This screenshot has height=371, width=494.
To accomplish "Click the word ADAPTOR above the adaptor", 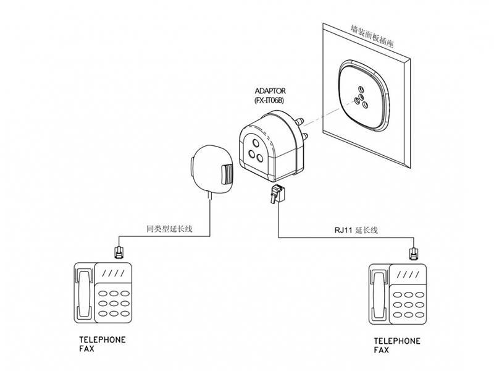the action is click(270, 91).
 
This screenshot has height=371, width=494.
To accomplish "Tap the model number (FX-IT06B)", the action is click(269, 101).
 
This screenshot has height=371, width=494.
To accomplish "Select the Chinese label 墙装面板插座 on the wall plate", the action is click(372, 36).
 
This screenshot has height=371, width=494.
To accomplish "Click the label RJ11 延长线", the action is click(356, 230).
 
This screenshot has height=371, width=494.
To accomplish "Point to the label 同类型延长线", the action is click(169, 229).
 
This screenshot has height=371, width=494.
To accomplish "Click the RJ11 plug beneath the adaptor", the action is click(277, 194).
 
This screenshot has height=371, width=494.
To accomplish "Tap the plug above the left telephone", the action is click(119, 252).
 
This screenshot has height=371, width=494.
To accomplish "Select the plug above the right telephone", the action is click(414, 254).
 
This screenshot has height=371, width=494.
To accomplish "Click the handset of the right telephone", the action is click(379, 294).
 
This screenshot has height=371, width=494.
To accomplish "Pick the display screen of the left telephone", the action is click(113, 273).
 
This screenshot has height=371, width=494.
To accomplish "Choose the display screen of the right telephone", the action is click(408, 275).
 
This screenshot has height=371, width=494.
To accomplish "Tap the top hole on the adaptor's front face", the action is click(256, 143).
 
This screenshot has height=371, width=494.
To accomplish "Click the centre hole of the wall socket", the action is click(361, 96).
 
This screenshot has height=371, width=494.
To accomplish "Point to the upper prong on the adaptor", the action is click(299, 121).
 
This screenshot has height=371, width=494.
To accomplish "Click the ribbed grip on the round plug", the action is click(227, 174).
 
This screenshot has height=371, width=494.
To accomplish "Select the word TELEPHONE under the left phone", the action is click(103, 339).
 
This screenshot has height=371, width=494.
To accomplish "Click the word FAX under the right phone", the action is click(381, 350).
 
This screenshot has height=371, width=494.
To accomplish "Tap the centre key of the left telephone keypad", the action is click(114, 304).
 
